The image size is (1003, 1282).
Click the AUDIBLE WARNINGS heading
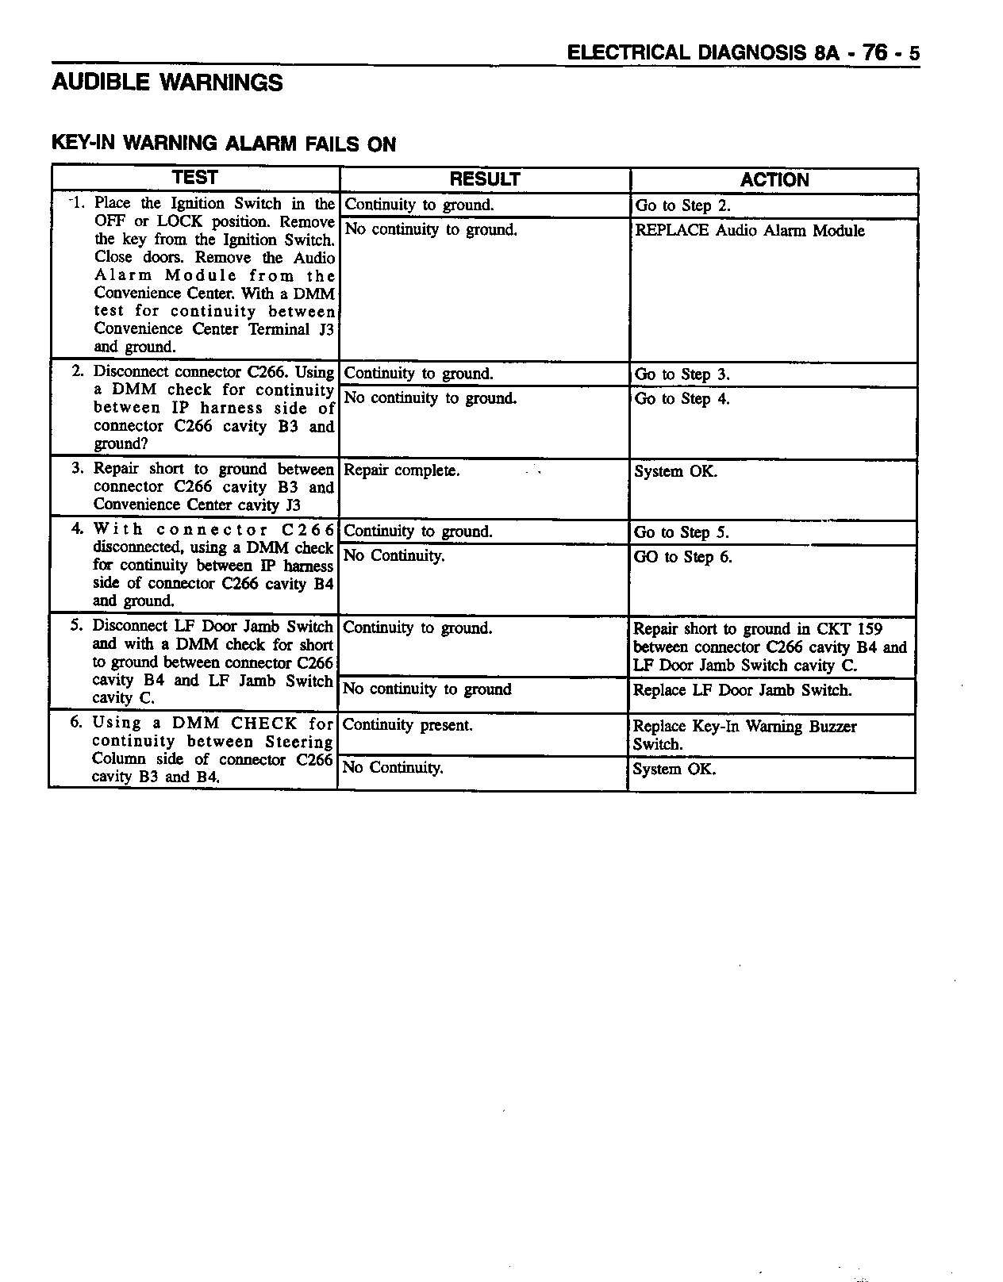coord(167,83)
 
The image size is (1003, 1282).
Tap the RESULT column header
coord(484,179)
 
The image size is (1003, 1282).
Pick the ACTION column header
coord(774,180)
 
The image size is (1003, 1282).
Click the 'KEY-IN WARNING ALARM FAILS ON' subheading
coord(223,144)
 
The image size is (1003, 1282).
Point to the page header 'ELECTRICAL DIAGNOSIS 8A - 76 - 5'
coord(744,53)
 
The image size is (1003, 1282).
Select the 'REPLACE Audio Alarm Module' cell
coord(750,231)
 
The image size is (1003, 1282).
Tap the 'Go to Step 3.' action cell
coord(682,374)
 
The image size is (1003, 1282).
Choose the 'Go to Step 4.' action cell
coord(682,399)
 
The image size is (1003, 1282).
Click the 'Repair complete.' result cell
coord(402,470)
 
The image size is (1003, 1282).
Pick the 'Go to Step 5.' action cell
coord(681,532)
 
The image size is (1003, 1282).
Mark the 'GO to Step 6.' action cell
coord(682,557)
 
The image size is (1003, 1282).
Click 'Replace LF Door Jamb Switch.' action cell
coord(742,690)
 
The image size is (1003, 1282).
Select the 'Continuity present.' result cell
coord(407,725)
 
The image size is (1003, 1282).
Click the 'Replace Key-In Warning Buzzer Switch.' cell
coord(744,735)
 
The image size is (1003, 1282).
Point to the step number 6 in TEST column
coord(77,723)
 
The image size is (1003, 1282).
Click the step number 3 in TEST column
coord(78,469)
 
